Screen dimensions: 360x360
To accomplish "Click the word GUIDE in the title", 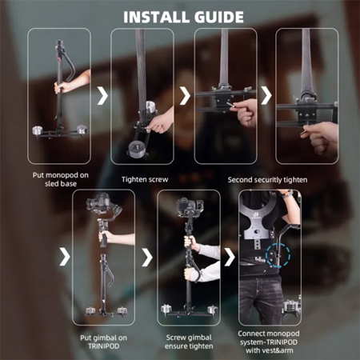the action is click(219, 17).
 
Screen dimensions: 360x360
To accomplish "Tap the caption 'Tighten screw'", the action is click(145, 179).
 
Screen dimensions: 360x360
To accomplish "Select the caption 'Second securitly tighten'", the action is click(267, 180).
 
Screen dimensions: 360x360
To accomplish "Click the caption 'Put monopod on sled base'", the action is click(61, 179).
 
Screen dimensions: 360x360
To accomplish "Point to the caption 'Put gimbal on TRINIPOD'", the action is click(103, 342).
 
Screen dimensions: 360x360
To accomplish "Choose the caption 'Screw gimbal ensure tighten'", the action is click(189, 342).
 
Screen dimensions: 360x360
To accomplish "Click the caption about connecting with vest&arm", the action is click(269, 342).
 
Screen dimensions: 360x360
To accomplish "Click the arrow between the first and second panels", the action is click(102, 95).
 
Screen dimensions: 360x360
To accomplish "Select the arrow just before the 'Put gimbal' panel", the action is click(65, 257).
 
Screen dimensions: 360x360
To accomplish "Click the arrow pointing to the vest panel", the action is click(230, 257).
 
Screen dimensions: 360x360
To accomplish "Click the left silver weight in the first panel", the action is click(38, 131).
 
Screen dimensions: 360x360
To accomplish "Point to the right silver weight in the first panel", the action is click(82, 130).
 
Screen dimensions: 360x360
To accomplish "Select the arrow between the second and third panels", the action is click(185, 95).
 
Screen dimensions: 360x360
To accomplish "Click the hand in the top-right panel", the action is click(320, 138).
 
